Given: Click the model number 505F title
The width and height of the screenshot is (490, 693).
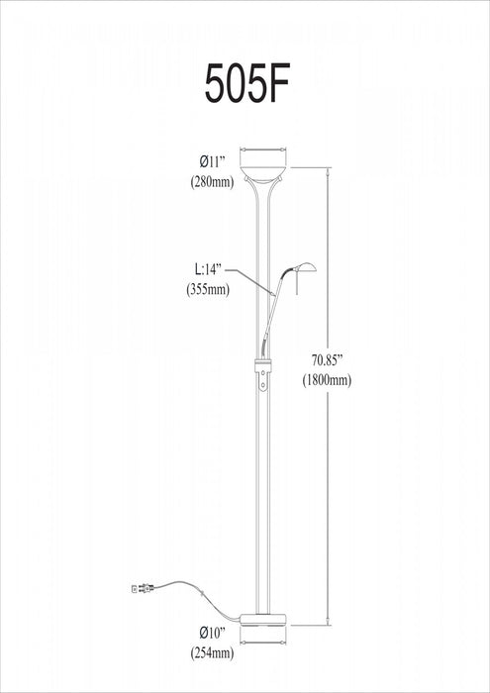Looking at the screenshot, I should coord(245,86).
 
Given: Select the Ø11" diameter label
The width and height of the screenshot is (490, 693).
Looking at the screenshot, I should coord(212,160).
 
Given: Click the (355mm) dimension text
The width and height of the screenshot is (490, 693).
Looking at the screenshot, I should coord(208,290).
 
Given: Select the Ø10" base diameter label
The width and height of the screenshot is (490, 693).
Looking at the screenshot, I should coord(213,632).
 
